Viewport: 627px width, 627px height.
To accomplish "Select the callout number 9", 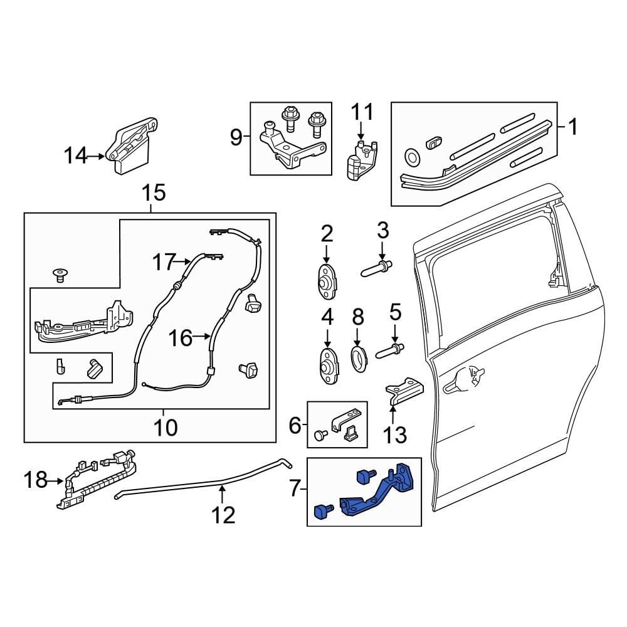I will (x=236, y=137).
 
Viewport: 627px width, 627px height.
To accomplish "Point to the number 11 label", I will (x=361, y=113).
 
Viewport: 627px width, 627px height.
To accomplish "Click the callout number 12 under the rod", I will (x=223, y=515).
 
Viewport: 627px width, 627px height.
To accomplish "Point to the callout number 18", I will (x=35, y=481).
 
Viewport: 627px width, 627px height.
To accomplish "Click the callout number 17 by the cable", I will (x=164, y=261).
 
